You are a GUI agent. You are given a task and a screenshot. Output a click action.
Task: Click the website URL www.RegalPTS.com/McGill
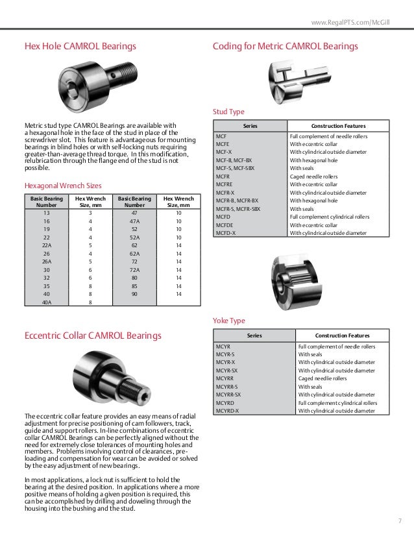coord(360,24)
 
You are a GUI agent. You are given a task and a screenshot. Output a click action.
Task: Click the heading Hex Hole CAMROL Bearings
coord(80,47)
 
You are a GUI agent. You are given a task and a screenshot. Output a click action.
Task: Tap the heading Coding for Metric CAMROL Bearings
coord(286,47)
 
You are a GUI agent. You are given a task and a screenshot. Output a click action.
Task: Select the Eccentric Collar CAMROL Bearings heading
coord(93,335)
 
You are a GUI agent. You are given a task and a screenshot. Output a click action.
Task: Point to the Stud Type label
coord(228,111)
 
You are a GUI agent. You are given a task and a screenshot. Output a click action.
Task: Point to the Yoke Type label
coord(229,320)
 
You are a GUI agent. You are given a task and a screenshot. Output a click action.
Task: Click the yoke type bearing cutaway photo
coord(298,279)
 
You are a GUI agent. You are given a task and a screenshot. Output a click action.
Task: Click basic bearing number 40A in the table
coord(46,302)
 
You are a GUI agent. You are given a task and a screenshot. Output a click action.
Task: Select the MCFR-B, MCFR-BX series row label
coord(237,201)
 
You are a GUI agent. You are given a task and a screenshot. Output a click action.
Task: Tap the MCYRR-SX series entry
coord(228,394)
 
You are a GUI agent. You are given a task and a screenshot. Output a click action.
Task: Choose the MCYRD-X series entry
coord(227,410)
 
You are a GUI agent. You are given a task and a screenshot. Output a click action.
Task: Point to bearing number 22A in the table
coord(46,245)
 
